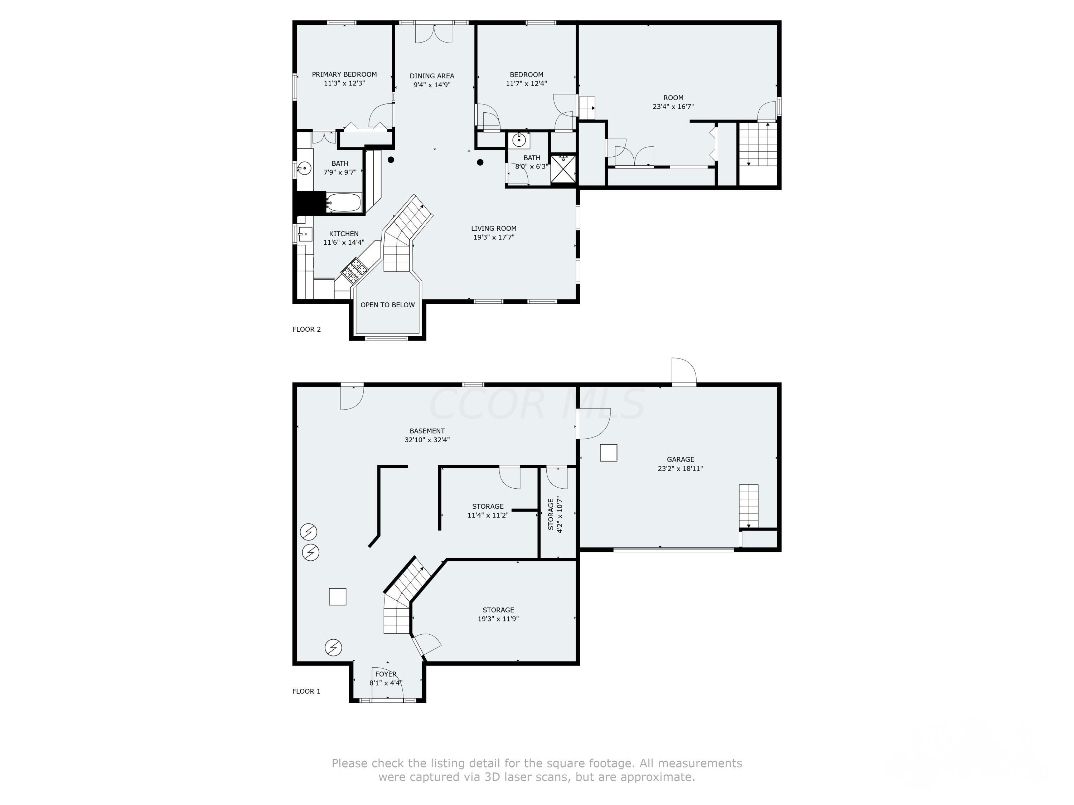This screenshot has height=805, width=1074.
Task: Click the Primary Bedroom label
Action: coord(344,74)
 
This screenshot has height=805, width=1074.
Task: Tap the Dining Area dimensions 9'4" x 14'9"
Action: coord(432,85)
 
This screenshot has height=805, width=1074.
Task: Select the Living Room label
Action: coord(494,228)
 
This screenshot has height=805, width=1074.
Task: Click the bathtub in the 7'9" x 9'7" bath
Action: coord(343,203)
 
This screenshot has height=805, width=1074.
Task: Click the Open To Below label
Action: coord(387,305)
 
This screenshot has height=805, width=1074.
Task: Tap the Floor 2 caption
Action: coord(306,329)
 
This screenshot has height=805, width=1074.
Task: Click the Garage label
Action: coord(680,459)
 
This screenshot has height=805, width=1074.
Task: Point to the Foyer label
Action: coord(386,674)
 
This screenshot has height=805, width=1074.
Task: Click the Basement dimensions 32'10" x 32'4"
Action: coord(427,440)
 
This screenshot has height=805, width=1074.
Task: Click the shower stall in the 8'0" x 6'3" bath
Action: coord(563,169)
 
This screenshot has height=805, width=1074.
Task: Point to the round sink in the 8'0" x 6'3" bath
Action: coord(519,140)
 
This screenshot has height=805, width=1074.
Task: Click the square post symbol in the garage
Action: coord(608,453)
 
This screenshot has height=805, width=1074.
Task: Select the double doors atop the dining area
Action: coord(434,33)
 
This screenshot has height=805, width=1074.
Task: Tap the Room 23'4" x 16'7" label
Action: coord(673,102)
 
